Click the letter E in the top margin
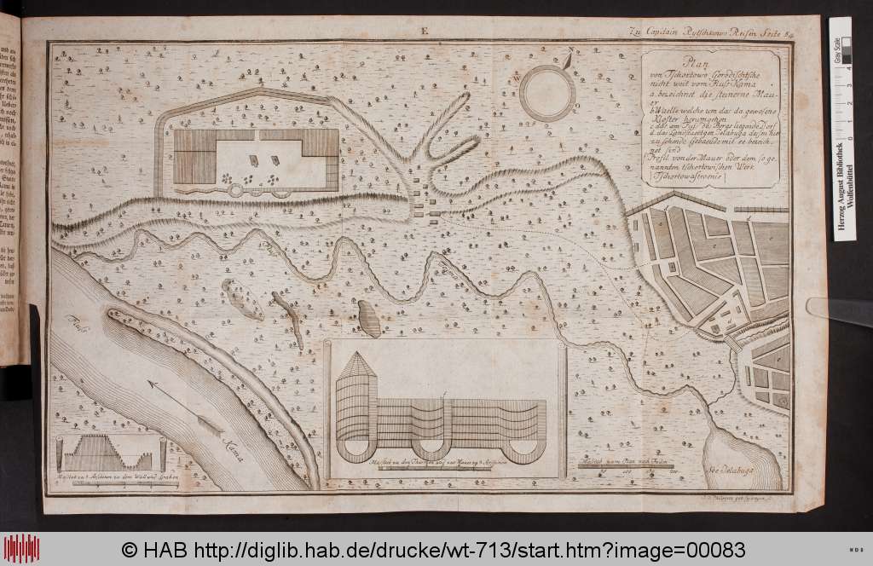coord(422,32)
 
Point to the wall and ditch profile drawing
coord(107,449)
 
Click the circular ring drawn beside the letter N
coord(547,94)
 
